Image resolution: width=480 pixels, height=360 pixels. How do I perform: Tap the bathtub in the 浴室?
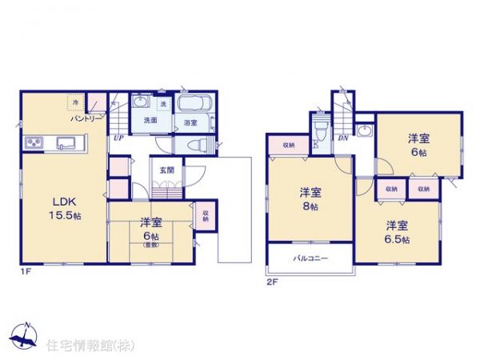[192, 105]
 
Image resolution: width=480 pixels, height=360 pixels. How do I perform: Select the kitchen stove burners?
[34, 144]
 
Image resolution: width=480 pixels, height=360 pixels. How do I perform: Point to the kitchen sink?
[65, 144]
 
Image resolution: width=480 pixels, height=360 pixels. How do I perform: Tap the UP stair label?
[118, 138]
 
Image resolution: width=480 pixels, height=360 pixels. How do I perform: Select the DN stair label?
[342, 138]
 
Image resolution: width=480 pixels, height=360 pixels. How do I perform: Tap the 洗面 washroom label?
[150, 120]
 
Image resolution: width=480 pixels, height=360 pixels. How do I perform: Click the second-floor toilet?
[319, 132]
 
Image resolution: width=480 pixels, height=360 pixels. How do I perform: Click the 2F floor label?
[271, 281]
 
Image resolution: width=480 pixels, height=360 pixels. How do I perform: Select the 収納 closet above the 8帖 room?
[288, 144]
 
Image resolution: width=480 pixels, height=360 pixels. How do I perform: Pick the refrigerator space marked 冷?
[74, 102]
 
